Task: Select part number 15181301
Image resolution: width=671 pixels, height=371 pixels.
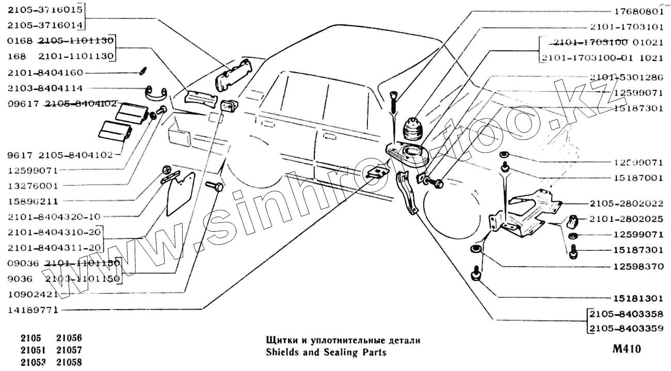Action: [x=637, y=298]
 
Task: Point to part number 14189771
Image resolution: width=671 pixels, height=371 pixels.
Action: [x=33, y=310]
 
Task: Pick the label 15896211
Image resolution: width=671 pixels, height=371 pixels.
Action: [x=33, y=201]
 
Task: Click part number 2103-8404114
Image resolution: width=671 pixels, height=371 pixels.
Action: [x=45, y=88]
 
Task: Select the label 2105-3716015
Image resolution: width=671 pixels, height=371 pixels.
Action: [x=45, y=9]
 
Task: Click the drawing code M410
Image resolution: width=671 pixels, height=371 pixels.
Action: [x=626, y=349]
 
